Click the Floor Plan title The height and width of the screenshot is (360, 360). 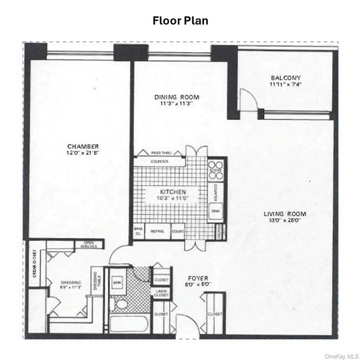click(180, 21)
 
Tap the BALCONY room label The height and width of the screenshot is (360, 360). click(286, 79)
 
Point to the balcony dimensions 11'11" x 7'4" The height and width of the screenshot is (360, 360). click(286, 85)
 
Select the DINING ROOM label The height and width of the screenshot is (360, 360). click(176, 97)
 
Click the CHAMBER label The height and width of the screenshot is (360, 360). click(83, 147)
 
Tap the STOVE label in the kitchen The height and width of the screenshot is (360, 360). click(214, 167)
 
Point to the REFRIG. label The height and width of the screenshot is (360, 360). click(156, 231)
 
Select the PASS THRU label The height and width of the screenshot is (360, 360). click(161, 153)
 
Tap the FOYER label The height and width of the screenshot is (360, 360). click(197, 279)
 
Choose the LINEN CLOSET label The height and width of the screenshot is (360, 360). click(161, 294)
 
